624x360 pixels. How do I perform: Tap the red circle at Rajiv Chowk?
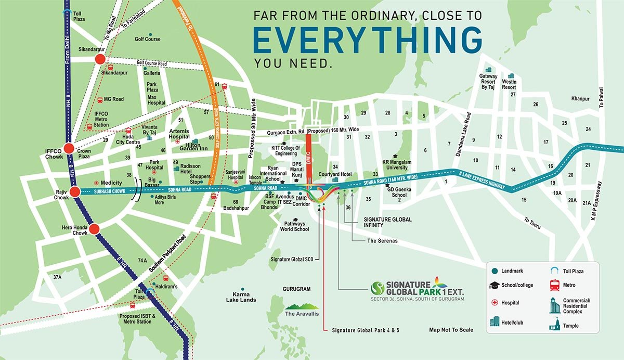click(75, 192)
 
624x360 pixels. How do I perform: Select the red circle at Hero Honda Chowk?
click(94, 229)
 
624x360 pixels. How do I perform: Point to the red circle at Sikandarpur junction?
click(99, 60)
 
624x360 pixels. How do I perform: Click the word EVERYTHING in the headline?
click(368, 40)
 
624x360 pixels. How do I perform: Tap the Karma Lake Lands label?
click(241, 297)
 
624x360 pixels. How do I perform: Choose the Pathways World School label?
click(294, 226)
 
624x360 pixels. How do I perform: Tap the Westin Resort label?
click(509, 84)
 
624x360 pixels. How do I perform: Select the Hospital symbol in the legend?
click(495, 303)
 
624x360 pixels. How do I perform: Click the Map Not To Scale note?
click(451, 330)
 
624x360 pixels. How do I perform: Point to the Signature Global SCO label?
click(291, 259)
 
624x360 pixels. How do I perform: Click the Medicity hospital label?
click(111, 183)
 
